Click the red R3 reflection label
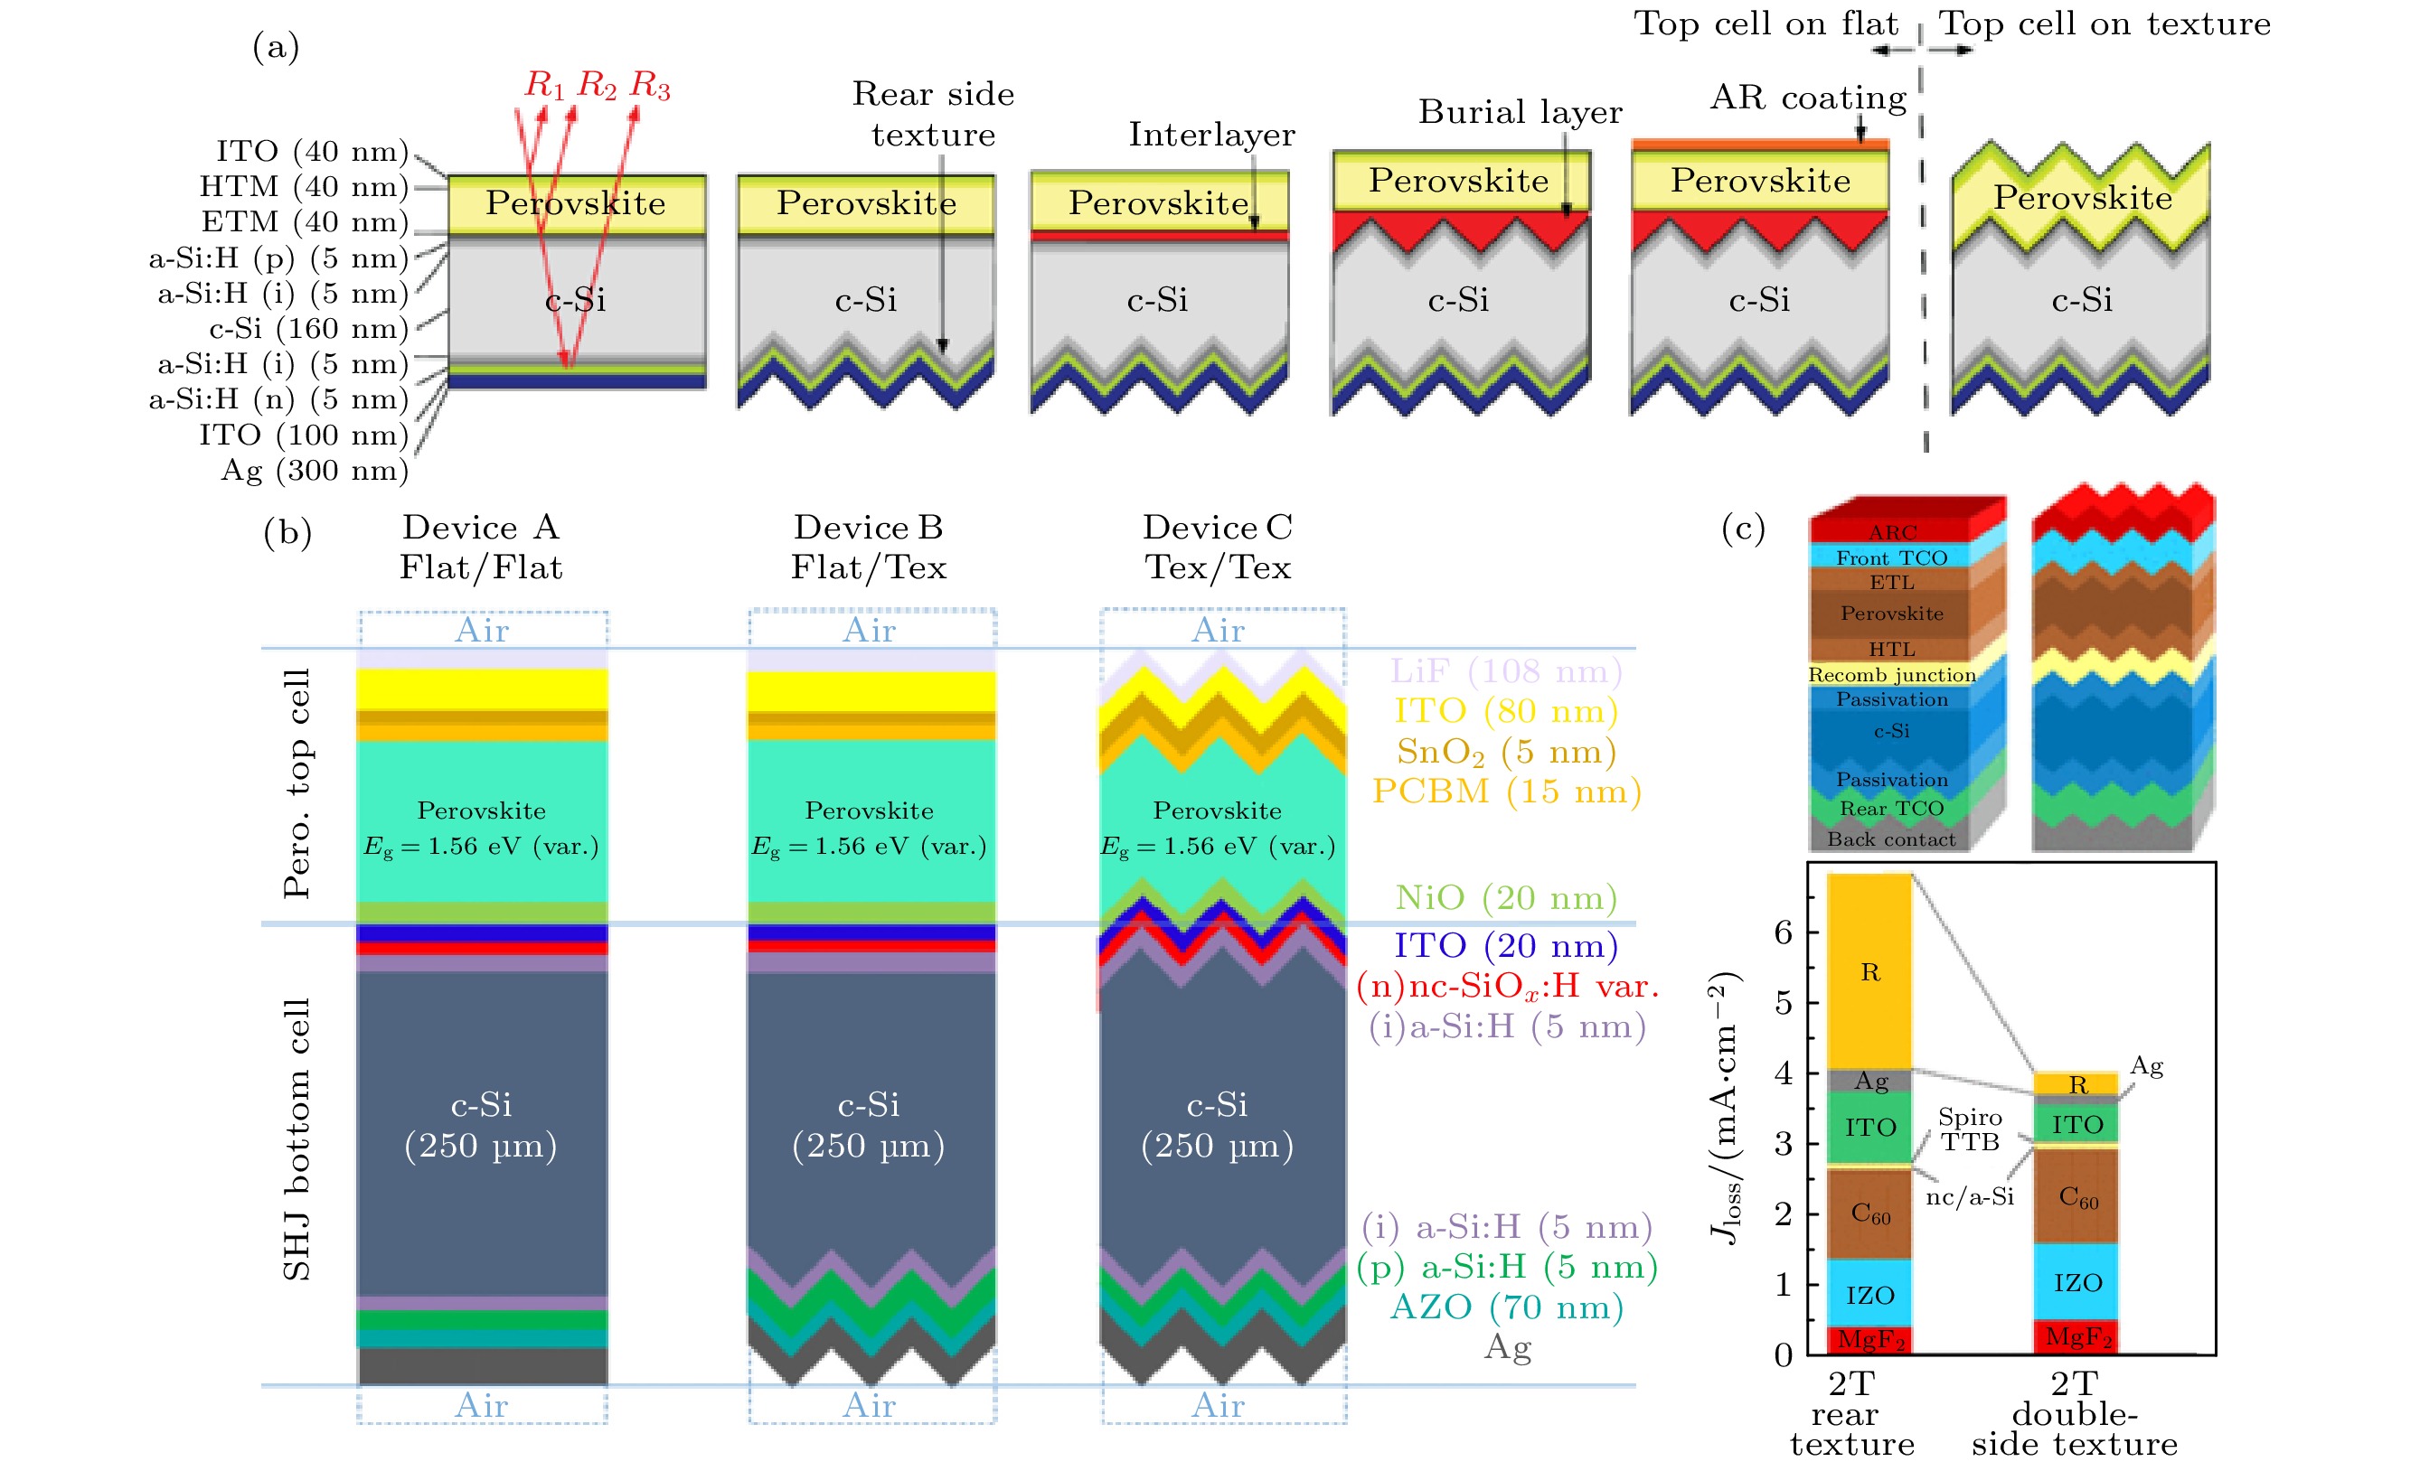coord(649,87)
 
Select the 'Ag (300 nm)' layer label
coord(315,472)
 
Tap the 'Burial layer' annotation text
coord(1520,113)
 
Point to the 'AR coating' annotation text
coord(1807,98)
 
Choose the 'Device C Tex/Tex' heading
coord(1217,547)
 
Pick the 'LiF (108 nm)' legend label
coord(1506,671)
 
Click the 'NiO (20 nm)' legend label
coord(1506,897)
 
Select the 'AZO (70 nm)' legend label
coord(1507,1307)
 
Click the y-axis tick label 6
coord(1783,932)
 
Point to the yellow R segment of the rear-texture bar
coord(1869,972)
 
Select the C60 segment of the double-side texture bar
coord(2077,1197)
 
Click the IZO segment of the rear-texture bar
coord(1869,1295)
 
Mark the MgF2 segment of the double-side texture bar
coord(2077,1336)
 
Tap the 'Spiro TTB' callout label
coord(1969,1129)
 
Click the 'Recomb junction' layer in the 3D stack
coord(1891,675)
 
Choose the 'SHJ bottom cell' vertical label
coord(297,1139)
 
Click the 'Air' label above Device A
coord(481,631)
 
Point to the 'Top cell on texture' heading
coord(2104,23)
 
